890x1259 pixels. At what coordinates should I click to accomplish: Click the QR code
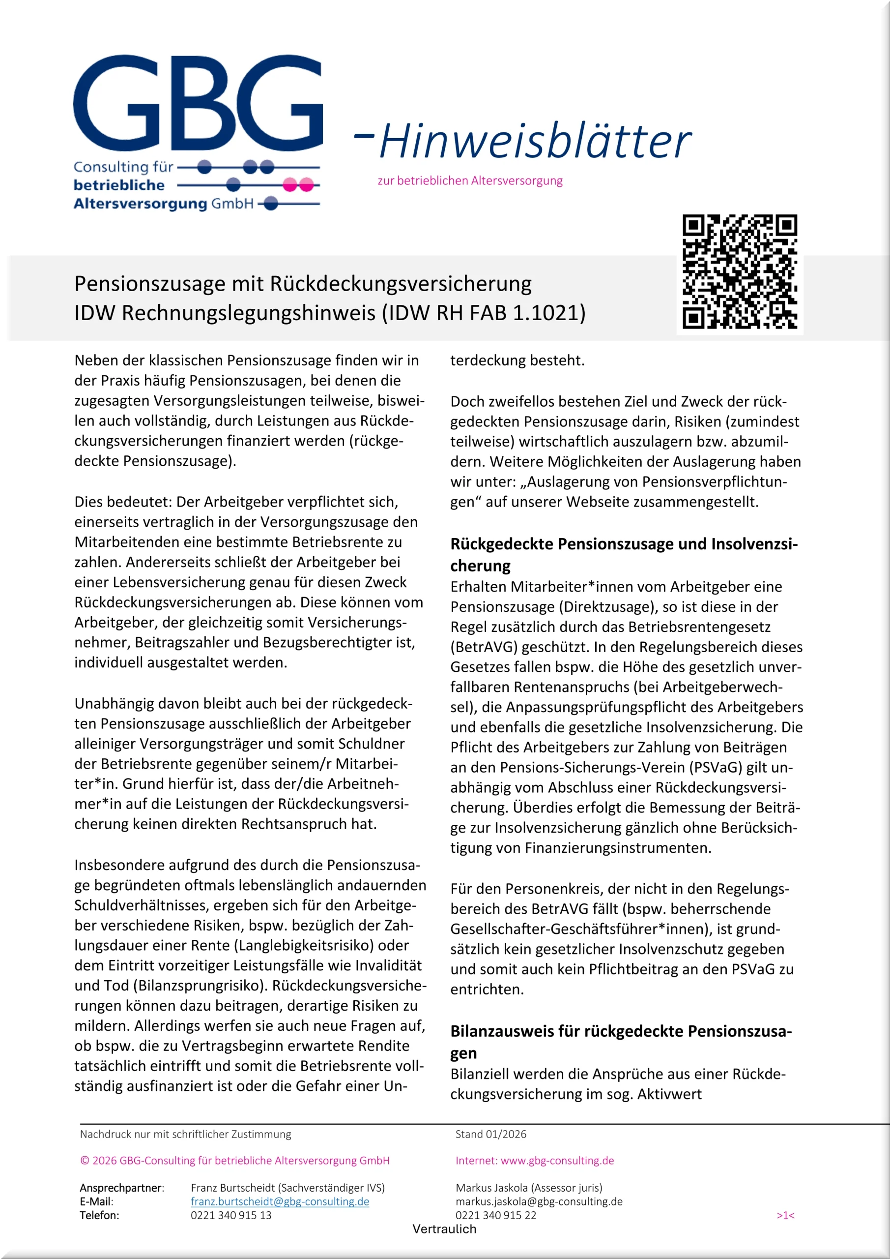click(739, 272)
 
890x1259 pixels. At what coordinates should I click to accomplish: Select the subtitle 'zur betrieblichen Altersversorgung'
click(470, 180)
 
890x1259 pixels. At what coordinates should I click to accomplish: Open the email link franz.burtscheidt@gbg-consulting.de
click(280, 1201)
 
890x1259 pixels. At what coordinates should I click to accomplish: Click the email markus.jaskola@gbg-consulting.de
click(539, 1201)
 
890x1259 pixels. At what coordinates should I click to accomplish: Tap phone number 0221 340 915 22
click(495, 1215)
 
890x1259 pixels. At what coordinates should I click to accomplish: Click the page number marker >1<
click(785, 1216)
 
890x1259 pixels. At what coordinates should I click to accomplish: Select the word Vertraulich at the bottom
click(444, 1229)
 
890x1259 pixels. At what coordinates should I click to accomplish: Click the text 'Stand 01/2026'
click(490, 1134)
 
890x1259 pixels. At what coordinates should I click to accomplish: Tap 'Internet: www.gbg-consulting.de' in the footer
click(534, 1160)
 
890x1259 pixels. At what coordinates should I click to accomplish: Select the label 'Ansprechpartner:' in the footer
click(122, 1188)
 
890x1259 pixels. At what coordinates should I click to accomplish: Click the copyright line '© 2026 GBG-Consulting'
click(234, 1160)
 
